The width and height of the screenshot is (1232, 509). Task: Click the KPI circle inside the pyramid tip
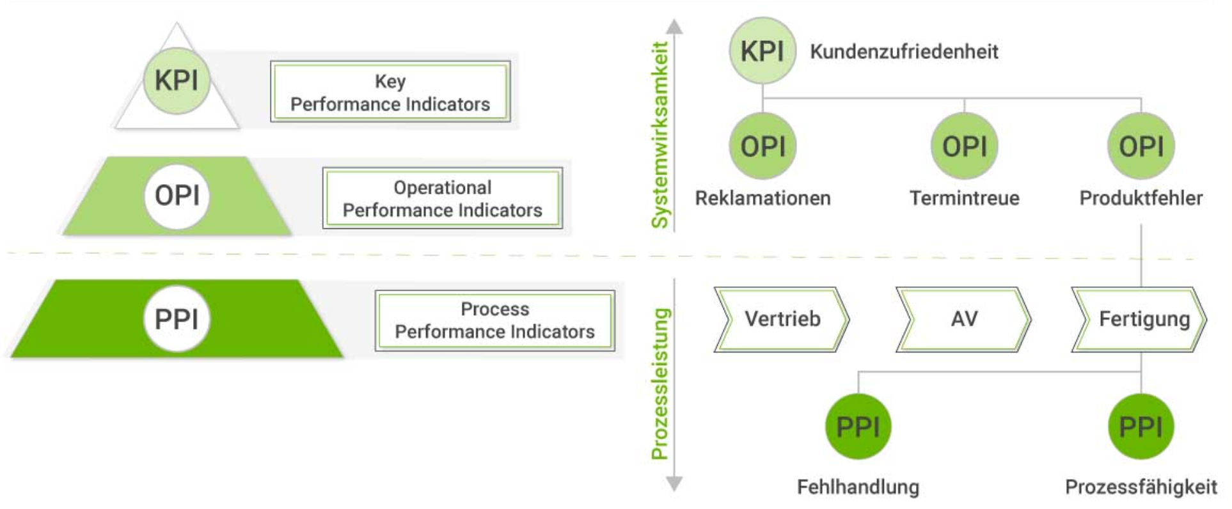click(177, 81)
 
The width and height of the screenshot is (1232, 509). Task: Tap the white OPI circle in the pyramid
click(177, 196)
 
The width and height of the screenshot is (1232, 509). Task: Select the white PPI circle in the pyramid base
click(177, 319)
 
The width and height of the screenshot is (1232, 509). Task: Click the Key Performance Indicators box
click(390, 92)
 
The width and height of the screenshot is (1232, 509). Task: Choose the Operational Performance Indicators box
click(443, 198)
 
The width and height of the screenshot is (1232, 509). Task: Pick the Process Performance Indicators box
click(494, 320)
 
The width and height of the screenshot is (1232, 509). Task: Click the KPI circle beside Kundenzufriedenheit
click(762, 51)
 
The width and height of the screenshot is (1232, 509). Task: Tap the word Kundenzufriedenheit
click(904, 52)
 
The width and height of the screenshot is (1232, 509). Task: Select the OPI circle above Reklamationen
click(762, 146)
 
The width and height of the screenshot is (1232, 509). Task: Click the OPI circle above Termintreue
click(965, 146)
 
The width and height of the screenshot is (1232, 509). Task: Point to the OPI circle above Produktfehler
click(1141, 146)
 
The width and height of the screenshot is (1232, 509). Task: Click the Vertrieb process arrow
click(782, 319)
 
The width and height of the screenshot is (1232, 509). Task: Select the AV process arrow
click(963, 319)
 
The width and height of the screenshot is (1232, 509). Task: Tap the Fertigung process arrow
click(1140, 319)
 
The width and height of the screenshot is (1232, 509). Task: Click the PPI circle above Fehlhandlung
click(858, 427)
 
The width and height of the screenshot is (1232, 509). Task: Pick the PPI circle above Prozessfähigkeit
click(1141, 427)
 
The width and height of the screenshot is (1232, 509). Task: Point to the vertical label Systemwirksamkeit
click(659, 135)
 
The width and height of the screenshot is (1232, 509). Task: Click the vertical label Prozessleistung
click(659, 384)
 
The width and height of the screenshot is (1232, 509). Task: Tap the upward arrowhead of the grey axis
click(674, 27)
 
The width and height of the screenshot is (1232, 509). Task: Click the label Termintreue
click(965, 198)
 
